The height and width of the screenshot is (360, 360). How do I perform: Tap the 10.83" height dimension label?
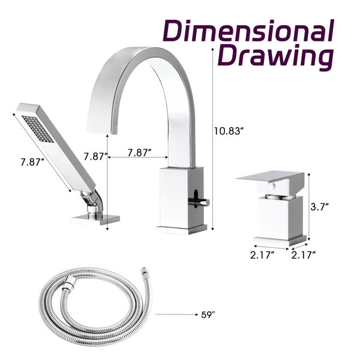228,131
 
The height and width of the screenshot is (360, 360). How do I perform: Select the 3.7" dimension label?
319,207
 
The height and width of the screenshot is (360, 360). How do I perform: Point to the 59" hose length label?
208,315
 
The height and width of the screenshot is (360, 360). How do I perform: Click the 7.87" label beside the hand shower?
32,162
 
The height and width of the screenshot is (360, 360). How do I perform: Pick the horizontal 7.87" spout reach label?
140,152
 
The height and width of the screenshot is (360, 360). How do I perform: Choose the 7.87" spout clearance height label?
95,157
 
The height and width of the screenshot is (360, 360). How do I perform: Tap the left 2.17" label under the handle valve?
262,255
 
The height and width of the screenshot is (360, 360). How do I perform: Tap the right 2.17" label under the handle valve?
304,255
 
